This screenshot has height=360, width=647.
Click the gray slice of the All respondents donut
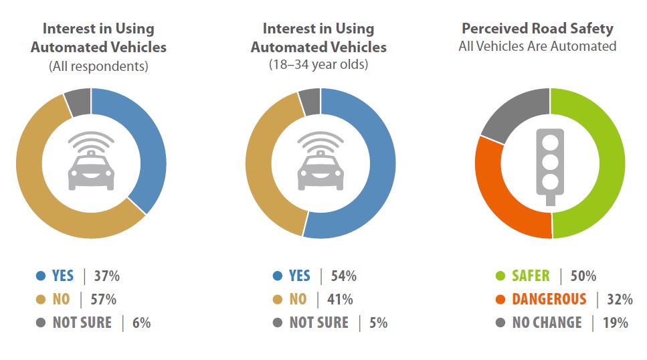pos(78,101)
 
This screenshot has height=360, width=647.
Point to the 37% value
pos(106,276)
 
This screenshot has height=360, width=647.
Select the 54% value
pos(343,276)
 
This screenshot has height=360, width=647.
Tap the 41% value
pos(339,299)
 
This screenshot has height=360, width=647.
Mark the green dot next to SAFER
pos(499,276)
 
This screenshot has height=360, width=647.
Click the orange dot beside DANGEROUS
pos(499,299)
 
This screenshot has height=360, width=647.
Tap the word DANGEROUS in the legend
pos(549,299)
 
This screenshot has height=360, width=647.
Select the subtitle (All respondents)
pos(98,66)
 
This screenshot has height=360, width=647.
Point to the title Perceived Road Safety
pos(537,29)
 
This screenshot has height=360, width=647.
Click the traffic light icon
pos(550,165)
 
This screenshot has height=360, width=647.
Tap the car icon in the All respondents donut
pos(91,164)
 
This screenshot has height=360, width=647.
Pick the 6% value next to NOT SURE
pos(141,323)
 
